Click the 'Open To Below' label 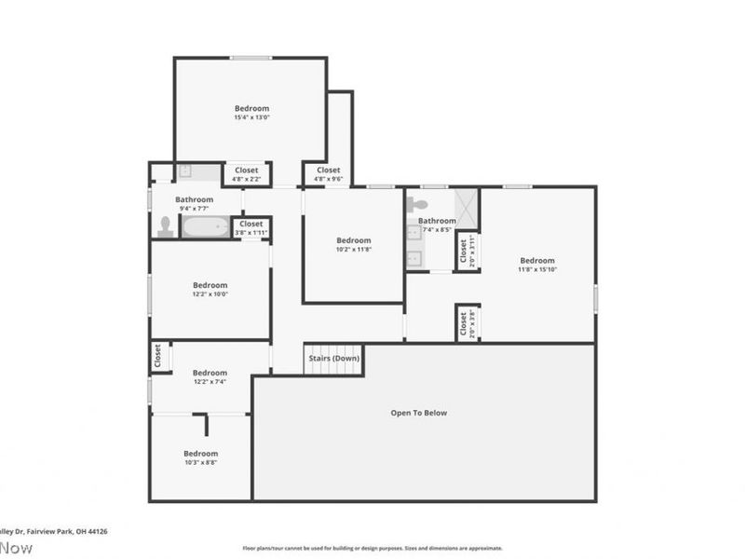(x=418, y=413)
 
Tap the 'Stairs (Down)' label (x=333, y=358)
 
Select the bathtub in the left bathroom (x=205, y=226)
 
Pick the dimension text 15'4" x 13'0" (x=251, y=117)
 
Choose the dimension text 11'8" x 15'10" (x=537, y=269)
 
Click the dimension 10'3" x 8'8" (x=200, y=462)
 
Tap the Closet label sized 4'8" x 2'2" (x=247, y=170)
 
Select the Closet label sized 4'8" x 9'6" (x=328, y=170)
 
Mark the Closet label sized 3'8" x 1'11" (x=251, y=224)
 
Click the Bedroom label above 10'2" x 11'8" (x=353, y=240)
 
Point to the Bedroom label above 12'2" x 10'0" (x=210, y=285)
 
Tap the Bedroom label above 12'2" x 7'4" (x=210, y=373)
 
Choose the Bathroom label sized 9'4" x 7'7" (x=195, y=199)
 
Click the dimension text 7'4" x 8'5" (x=437, y=229)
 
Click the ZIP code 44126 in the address (x=96, y=531)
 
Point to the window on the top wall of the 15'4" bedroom (x=251, y=58)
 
